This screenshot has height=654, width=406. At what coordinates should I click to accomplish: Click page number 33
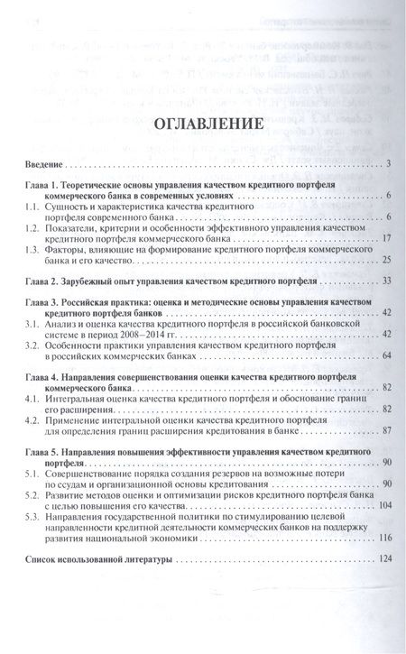[x=383, y=282]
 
